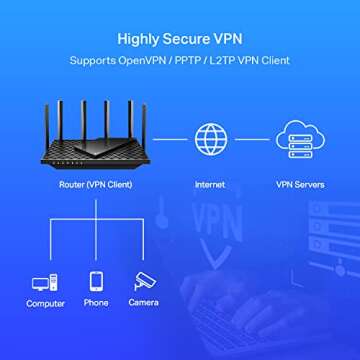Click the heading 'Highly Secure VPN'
(180, 40)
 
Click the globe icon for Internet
(210, 139)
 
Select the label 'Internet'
(210, 185)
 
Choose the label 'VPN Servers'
(299, 185)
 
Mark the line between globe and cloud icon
(252, 139)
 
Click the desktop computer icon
(45, 282)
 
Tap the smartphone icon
(96, 281)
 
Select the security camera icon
(144, 281)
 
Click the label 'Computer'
(45, 303)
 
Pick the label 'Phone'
(96, 303)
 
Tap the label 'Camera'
(144, 303)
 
